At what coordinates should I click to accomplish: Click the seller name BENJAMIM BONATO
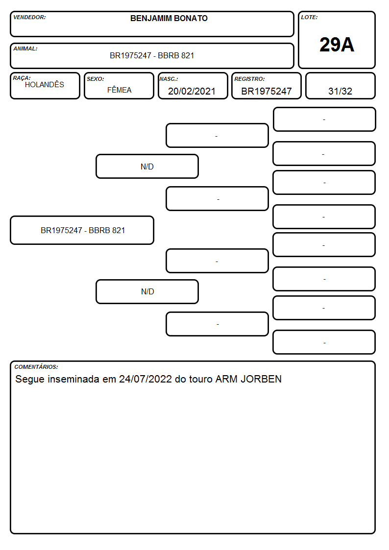[169, 18]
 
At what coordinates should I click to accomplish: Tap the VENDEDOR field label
[29, 17]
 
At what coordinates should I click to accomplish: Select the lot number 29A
[337, 45]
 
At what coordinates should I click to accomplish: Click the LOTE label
[309, 17]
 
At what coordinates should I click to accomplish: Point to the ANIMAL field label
[25, 49]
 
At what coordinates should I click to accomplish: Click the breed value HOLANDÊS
[45, 85]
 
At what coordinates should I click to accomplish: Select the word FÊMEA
[119, 90]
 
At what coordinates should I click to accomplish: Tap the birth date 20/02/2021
[192, 91]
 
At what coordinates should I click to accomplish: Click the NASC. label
[169, 79]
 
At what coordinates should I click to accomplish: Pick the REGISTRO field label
[249, 79]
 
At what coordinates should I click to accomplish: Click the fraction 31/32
[340, 91]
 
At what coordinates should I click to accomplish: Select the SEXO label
[96, 79]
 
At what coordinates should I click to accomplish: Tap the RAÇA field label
[22, 78]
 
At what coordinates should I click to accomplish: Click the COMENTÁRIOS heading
[36, 367]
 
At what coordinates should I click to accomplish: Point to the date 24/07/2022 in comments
[145, 379]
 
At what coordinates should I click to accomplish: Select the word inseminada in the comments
[73, 379]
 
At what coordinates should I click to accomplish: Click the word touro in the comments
[201, 379]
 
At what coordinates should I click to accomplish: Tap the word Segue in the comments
[30, 379]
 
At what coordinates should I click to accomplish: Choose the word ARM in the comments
[226, 379]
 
